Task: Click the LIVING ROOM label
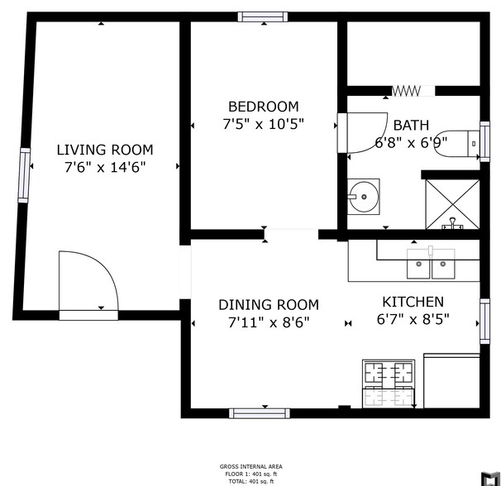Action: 104,150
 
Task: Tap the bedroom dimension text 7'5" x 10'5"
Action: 264,125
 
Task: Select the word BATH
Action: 411,126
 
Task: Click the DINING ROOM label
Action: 268,305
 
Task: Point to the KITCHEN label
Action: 413,302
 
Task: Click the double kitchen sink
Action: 432,265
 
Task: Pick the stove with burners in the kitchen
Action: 388,383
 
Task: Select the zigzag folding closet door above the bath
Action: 411,90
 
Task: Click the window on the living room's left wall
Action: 25,175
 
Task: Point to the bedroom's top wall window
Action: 263,17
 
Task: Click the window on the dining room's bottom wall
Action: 254,412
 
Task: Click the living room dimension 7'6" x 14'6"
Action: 104,168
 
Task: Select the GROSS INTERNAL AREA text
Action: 248,467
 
